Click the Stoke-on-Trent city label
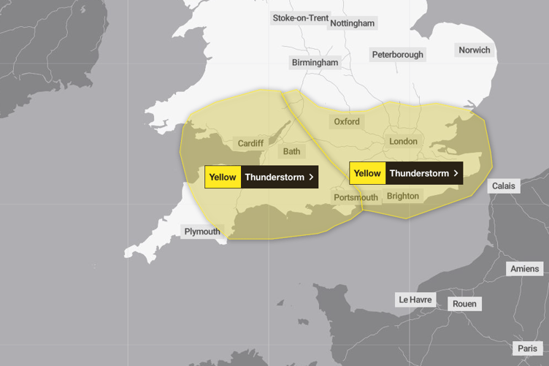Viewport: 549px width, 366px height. click(300, 18)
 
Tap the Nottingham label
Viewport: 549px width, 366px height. click(353, 23)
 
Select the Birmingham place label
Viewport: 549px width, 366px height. click(315, 63)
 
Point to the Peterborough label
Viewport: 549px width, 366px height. click(397, 55)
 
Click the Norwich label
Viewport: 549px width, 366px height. click(475, 50)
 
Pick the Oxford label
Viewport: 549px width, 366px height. click(347, 122)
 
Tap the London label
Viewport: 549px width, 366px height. click(403, 141)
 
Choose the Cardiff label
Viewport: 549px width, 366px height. click(250, 144)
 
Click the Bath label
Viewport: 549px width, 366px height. click(291, 152)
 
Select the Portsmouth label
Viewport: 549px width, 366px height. click(356, 198)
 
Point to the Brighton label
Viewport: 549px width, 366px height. click(403, 196)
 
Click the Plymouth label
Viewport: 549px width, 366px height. click(202, 232)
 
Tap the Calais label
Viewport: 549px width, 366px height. click(503, 186)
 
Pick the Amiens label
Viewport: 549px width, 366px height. click(525, 269)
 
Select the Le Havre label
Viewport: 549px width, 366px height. click(415, 300)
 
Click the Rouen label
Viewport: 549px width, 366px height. click(464, 304)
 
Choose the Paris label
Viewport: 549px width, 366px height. click(527, 348)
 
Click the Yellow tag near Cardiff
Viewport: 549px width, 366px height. click(223, 177)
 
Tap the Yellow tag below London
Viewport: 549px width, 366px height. click(367, 173)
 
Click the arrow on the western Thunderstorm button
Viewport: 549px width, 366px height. click(312, 177)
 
